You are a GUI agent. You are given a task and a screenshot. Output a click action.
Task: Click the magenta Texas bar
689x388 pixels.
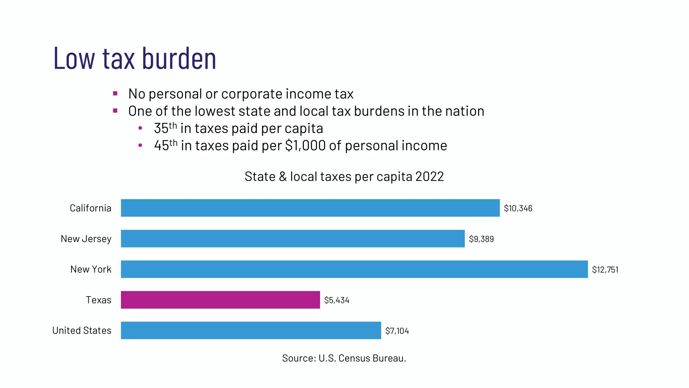pyautogui.click(x=220, y=300)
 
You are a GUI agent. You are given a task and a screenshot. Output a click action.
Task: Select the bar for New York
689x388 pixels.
pyautogui.click(x=354, y=269)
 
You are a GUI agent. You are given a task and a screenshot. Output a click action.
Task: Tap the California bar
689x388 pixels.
pyautogui.click(x=310, y=208)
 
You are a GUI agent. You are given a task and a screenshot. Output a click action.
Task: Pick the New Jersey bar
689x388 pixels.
pyautogui.click(x=292, y=239)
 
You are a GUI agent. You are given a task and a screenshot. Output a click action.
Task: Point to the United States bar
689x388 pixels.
pyautogui.click(x=251, y=330)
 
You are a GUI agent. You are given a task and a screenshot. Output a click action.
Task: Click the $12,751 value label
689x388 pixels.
pyautogui.click(x=605, y=269)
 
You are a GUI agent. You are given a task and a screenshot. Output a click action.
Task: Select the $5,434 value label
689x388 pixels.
pyautogui.click(x=337, y=300)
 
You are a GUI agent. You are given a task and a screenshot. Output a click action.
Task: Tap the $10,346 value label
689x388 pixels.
pyautogui.click(x=518, y=208)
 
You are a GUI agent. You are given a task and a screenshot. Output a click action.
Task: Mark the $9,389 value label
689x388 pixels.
pyautogui.click(x=481, y=239)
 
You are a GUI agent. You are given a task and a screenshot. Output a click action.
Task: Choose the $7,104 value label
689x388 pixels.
pyautogui.click(x=397, y=331)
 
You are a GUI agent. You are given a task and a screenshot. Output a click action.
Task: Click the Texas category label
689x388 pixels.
pyautogui.click(x=98, y=300)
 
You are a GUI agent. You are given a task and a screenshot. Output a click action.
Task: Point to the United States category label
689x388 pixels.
pyautogui.click(x=82, y=330)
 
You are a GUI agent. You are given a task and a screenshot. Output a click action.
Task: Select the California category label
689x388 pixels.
pyautogui.click(x=90, y=208)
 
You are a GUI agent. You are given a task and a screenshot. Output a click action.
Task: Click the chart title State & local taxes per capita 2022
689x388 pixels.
pyautogui.click(x=344, y=176)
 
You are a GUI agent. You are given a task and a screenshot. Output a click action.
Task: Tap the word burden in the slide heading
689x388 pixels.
pyautogui.click(x=179, y=58)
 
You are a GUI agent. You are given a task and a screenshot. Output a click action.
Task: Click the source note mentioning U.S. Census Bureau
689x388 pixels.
pyautogui.click(x=344, y=358)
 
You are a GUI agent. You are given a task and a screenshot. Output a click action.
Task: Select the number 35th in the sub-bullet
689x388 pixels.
pyautogui.click(x=165, y=128)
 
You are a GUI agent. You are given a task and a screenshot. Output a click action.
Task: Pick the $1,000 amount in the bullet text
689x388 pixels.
pyautogui.click(x=305, y=145)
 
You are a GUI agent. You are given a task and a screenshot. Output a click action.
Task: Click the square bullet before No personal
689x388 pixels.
pyautogui.click(x=115, y=94)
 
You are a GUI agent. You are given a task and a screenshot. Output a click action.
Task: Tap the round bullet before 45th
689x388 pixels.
pyautogui.click(x=140, y=145)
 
